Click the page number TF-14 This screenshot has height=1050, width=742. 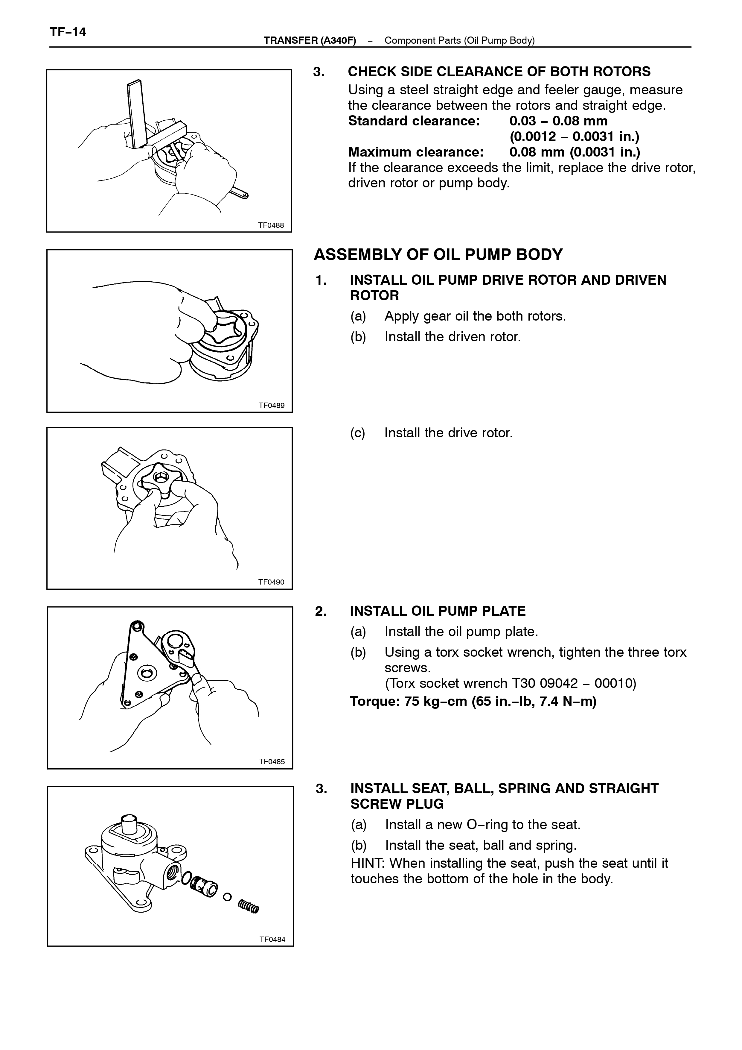68,32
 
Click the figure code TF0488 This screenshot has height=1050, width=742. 271,225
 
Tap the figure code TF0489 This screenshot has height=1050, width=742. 271,405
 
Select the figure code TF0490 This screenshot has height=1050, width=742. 271,582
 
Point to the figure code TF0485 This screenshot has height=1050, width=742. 272,762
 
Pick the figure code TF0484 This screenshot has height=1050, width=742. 272,939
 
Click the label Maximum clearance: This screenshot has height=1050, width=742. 416,152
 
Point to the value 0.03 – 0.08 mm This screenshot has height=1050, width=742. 558,121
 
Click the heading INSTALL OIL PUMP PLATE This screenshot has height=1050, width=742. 438,611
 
